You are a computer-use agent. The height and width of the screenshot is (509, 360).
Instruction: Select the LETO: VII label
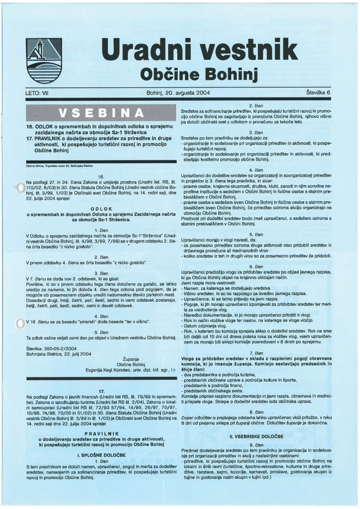[37, 93]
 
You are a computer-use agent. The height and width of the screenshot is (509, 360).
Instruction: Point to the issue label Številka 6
[318, 92]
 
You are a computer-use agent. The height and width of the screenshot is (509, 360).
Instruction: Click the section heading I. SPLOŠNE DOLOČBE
[101, 454]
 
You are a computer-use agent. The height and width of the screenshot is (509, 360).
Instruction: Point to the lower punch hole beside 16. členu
[20, 323]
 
